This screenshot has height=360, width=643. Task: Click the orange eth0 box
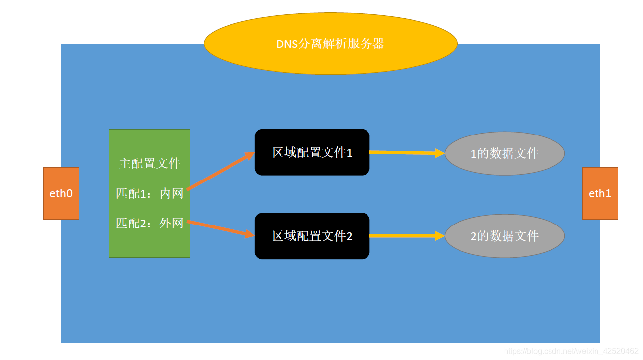tap(61, 193)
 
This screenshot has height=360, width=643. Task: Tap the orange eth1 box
tap(600, 193)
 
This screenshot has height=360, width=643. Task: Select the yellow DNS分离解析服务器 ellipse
tap(330, 44)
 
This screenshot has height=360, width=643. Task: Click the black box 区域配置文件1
tap(312, 152)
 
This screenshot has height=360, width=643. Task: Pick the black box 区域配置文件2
tap(312, 236)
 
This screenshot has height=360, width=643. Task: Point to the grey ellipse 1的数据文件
tap(505, 153)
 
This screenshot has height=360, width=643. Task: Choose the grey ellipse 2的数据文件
tap(505, 236)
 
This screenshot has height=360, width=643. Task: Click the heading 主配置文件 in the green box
tap(149, 164)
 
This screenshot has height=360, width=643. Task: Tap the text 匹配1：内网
tap(149, 193)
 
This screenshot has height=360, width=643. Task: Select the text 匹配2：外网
tap(149, 223)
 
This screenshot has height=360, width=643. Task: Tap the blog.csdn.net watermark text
tap(571, 351)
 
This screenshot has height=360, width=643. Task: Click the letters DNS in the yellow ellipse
tap(287, 44)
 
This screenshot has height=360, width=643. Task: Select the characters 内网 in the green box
tap(172, 193)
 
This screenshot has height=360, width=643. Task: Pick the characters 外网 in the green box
tap(172, 223)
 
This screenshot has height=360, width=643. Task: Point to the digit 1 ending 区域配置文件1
tap(349, 153)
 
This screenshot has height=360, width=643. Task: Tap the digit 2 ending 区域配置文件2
tap(349, 236)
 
